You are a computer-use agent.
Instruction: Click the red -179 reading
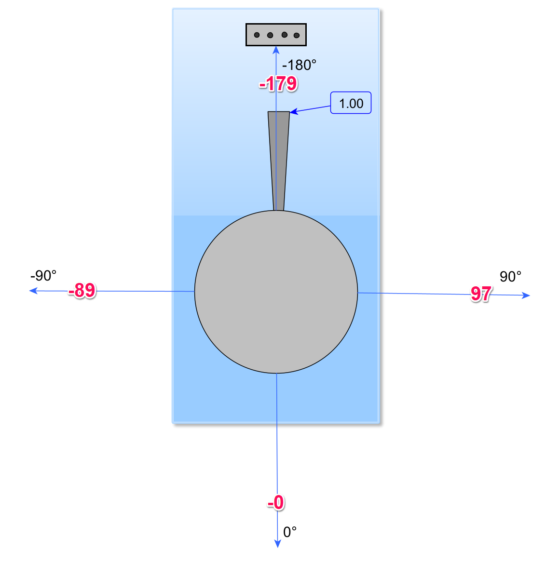278,84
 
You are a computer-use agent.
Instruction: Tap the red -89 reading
82,290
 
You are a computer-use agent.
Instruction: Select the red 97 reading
481,294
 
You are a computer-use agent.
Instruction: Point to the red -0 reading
276,502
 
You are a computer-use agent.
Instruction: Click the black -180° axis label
299,65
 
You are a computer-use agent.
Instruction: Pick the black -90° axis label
43,275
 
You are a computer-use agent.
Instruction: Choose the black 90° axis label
510,276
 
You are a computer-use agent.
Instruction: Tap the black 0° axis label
290,532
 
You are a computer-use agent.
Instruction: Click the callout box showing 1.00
351,103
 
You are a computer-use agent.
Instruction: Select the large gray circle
276,292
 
